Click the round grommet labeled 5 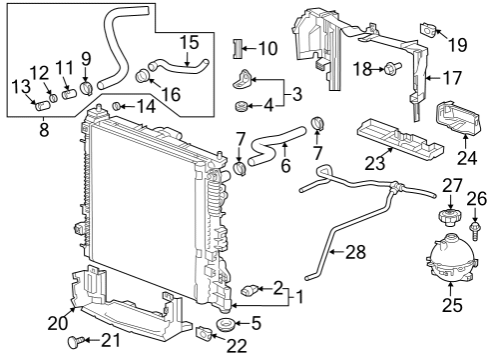coord(223,326)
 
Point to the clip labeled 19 coord(428,30)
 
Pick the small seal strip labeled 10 coord(238,49)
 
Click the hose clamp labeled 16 coord(142,73)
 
